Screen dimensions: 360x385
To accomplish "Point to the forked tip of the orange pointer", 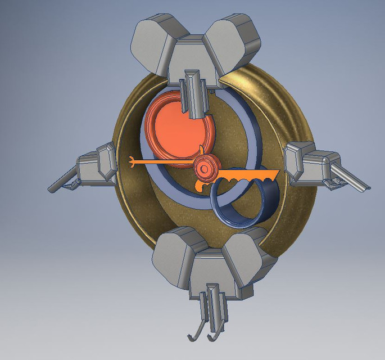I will click(132, 162).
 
